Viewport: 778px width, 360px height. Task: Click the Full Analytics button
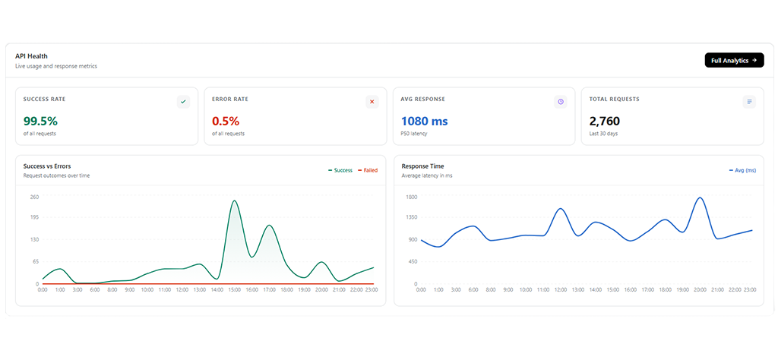click(734, 60)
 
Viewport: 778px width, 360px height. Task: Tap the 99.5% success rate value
click(41, 121)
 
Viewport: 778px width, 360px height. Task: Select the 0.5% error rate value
click(226, 121)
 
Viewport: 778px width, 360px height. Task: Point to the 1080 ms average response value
click(424, 121)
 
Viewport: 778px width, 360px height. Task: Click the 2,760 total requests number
click(605, 121)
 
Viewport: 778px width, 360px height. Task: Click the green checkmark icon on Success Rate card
click(184, 102)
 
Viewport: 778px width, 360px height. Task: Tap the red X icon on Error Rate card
click(372, 102)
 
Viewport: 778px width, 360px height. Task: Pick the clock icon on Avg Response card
click(561, 102)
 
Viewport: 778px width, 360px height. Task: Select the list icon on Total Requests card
click(749, 102)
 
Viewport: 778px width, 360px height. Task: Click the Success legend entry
click(340, 170)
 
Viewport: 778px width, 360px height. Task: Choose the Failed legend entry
click(368, 170)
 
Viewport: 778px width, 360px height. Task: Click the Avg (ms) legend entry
click(743, 170)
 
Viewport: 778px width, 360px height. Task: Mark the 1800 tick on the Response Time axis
click(411, 197)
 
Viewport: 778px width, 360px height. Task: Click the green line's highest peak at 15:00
click(234, 201)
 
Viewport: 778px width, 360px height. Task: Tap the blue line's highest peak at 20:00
click(700, 198)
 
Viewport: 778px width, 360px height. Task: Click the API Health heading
click(31, 56)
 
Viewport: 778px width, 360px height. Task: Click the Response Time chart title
click(422, 166)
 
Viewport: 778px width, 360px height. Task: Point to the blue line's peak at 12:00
click(560, 209)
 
